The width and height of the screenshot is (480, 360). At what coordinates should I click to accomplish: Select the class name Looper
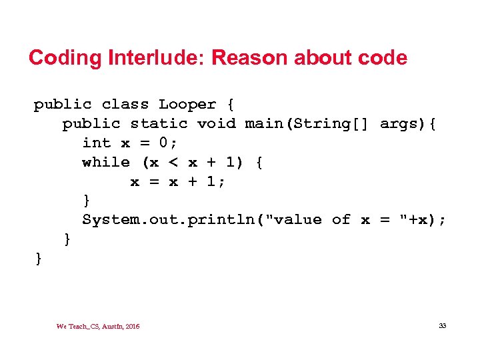[x=187, y=105]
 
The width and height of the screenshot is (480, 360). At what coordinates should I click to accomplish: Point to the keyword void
[x=216, y=123]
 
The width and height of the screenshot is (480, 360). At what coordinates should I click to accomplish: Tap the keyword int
[x=96, y=143]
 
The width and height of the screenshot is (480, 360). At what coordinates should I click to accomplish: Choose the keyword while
[x=106, y=162]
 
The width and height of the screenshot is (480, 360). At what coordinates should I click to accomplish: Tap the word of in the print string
[x=341, y=220]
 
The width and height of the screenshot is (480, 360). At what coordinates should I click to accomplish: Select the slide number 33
[x=442, y=326]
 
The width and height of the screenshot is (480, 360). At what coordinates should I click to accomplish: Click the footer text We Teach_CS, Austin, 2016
[x=98, y=326]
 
